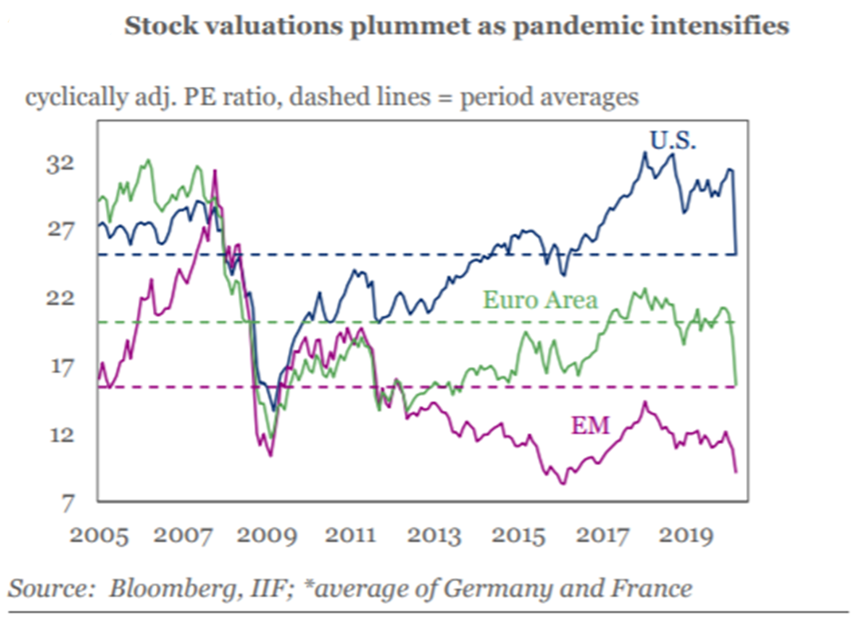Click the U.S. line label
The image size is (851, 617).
pyautogui.click(x=673, y=140)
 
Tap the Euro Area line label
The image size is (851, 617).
pyautogui.click(x=541, y=300)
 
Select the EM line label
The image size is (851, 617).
pyautogui.click(x=590, y=426)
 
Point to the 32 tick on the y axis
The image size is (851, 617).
pyautogui.click(x=61, y=165)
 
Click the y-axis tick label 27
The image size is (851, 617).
pyautogui.click(x=61, y=231)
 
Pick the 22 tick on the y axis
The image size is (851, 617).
pyautogui.click(x=61, y=299)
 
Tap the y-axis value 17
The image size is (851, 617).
pyautogui.click(x=61, y=367)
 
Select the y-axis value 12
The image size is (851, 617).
pyautogui.click(x=61, y=435)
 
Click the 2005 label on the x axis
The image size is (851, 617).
pyautogui.click(x=99, y=534)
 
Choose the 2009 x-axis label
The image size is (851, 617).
pyautogui.click(x=265, y=534)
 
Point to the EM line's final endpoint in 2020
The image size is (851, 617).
pyautogui.click(x=736, y=472)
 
